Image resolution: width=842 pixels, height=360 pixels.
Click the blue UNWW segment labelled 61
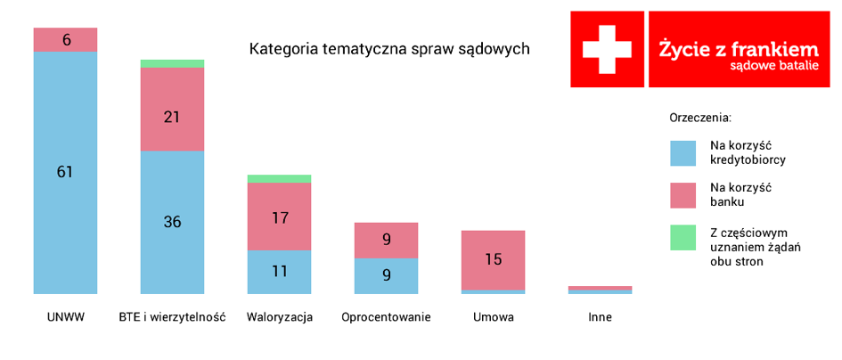(65, 173)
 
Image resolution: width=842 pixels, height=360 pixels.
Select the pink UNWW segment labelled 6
(65, 40)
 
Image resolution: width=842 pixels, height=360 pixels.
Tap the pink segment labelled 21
(172, 109)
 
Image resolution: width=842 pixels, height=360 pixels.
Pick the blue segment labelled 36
(172, 223)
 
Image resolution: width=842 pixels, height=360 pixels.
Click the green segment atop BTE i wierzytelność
(172, 64)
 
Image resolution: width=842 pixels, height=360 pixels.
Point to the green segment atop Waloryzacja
(279, 179)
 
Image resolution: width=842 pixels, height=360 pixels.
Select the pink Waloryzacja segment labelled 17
(279, 217)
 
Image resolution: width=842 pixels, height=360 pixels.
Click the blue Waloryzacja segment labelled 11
(279, 272)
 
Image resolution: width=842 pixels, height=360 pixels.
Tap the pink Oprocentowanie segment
(386, 241)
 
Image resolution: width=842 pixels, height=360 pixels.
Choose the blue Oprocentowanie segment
(386, 276)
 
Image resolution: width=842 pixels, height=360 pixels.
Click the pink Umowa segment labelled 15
(493, 260)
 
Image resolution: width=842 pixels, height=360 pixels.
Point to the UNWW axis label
(66, 317)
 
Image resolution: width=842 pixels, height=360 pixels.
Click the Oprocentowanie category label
(386, 317)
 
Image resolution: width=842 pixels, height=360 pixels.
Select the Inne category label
(600, 317)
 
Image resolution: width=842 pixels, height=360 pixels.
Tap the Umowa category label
(494, 317)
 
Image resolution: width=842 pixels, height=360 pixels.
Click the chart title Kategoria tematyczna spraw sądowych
(390, 49)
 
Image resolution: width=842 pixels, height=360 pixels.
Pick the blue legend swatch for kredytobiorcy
(683, 153)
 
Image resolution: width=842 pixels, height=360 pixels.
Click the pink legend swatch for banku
(683, 195)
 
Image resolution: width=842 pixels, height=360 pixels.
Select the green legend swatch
(683, 238)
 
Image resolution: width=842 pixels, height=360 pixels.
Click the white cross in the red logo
(607, 49)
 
